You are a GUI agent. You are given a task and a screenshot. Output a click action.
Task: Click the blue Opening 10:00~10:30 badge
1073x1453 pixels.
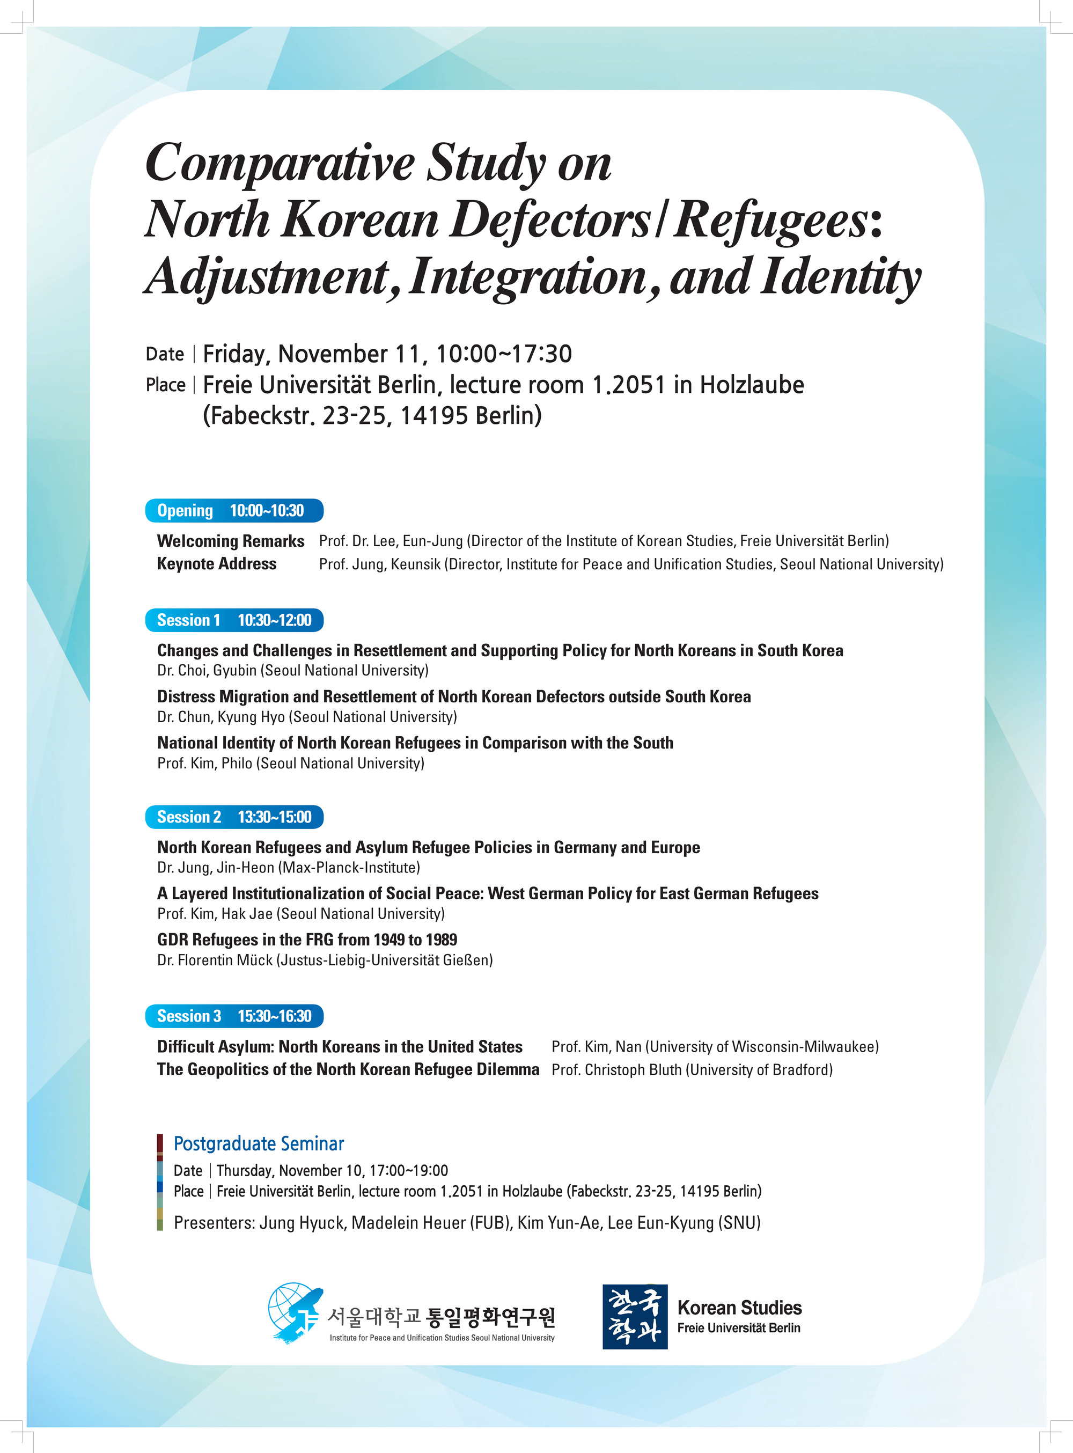click(234, 510)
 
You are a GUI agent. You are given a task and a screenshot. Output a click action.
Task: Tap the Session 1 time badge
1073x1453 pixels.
click(234, 620)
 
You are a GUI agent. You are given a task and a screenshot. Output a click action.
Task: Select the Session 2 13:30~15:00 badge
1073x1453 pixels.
click(234, 817)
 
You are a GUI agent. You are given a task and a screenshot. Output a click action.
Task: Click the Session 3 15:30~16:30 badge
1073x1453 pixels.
click(234, 1016)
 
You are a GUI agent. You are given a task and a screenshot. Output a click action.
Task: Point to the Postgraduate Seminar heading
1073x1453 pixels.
click(259, 1144)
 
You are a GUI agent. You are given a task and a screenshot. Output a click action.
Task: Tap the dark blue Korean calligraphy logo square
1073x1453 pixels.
click(635, 1317)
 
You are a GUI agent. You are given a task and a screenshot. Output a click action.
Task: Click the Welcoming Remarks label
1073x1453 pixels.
click(231, 541)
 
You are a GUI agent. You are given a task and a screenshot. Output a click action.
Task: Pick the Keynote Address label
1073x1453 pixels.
click(217, 564)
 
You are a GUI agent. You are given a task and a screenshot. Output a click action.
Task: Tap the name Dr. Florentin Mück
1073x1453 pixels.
click(215, 960)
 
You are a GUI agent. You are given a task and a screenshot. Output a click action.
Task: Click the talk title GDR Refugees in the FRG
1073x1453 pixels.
click(306, 940)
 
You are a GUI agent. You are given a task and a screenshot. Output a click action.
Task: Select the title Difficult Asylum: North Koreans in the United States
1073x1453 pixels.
click(340, 1046)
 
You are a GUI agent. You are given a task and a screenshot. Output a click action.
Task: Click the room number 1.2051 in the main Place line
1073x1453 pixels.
click(629, 385)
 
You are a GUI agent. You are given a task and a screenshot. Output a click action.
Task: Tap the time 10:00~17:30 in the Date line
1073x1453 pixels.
click(503, 354)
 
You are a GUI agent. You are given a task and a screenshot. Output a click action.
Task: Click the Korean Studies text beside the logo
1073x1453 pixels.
click(739, 1308)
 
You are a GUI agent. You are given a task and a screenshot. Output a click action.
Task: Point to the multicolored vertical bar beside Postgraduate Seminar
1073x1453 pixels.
click(160, 1183)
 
